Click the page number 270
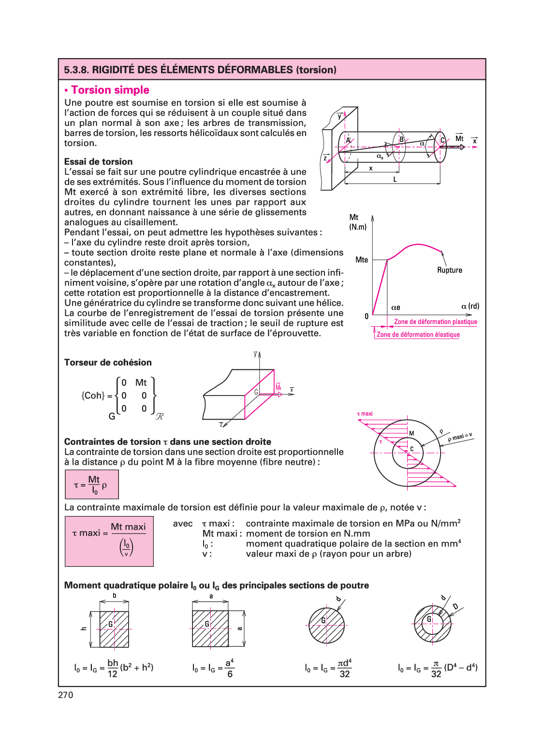click(66, 695)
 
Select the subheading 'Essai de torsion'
click(98, 162)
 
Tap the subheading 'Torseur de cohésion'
click(108, 363)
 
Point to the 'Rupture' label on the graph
click(449, 270)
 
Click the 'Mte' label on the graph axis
click(361, 260)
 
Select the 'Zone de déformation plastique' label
click(435, 322)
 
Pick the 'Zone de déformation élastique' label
click(418, 334)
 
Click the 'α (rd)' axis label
click(470, 306)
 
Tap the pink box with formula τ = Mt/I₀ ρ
click(92, 485)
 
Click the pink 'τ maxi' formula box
click(109, 541)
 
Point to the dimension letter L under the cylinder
click(395, 180)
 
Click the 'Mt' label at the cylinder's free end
click(459, 139)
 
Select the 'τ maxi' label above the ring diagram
click(365, 414)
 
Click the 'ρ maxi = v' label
click(460, 437)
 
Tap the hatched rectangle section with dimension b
click(114, 629)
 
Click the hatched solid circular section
click(327, 625)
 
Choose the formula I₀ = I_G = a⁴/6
click(213, 668)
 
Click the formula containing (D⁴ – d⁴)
click(437, 668)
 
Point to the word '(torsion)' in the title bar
click(316, 70)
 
